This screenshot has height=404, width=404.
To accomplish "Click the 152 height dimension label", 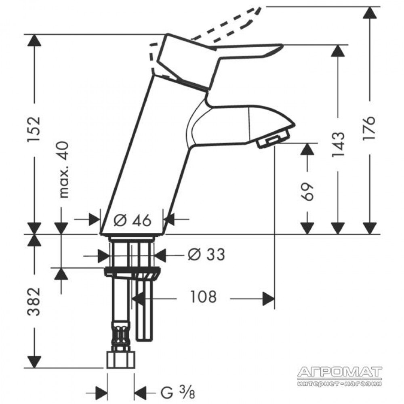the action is pos(34,129).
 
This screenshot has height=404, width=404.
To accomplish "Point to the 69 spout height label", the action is pos(307,191).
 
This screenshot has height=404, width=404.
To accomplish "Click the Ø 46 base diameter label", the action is pos(132,221).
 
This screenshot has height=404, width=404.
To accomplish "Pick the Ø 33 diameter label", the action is pos(206,255).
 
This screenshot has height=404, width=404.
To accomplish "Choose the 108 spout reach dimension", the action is pos(203,297).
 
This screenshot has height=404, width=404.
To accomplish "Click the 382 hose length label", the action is pos(34,302).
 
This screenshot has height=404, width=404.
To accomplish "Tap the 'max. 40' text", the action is pos(63,170).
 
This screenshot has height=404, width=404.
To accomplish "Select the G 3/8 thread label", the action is pos(178,393).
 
